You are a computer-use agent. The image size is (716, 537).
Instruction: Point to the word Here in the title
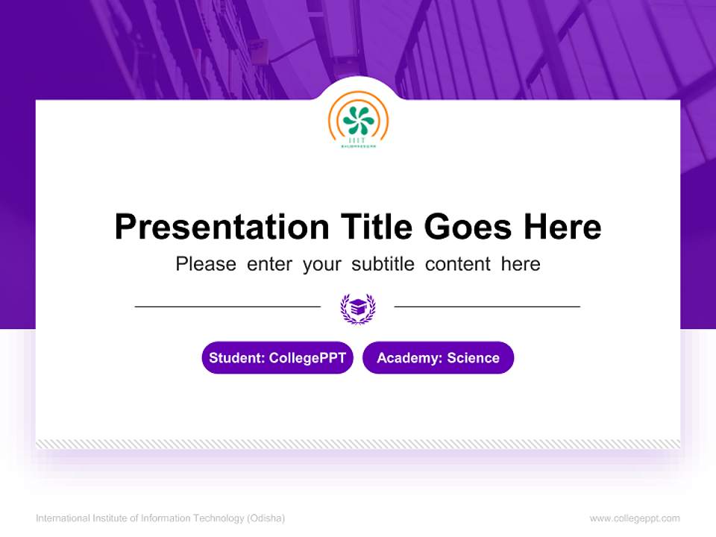click(562, 227)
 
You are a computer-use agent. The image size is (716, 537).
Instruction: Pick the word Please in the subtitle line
click(206, 264)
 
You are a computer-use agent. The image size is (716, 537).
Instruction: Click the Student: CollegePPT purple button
click(277, 358)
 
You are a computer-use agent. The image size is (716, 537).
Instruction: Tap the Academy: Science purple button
click(438, 358)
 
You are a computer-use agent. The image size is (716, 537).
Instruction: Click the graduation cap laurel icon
click(358, 307)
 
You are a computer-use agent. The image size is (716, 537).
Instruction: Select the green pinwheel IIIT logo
click(358, 120)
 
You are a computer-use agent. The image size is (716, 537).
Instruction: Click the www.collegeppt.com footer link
click(635, 518)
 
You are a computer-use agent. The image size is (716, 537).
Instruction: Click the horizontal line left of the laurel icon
click(227, 307)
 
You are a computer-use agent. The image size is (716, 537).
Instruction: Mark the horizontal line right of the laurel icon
click(487, 307)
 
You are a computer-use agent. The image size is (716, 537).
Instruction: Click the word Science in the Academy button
click(473, 358)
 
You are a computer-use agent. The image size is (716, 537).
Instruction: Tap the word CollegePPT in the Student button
click(307, 358)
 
